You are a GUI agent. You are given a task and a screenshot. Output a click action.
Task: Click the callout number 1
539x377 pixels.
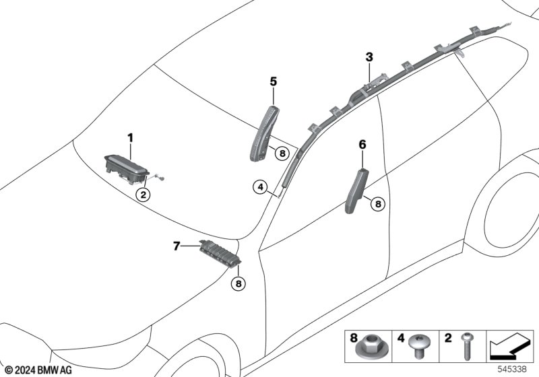130,138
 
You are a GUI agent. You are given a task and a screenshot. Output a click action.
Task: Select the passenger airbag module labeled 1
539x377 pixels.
127,169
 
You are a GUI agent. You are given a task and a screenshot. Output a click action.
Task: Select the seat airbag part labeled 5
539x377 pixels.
264,133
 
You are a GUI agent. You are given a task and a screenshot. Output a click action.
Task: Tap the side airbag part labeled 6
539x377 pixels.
357,191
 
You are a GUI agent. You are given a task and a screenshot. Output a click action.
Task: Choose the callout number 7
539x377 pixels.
177,246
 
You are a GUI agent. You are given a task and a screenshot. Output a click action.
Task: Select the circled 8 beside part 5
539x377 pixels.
282,153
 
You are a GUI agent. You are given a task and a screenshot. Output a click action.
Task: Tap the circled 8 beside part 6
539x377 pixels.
378,204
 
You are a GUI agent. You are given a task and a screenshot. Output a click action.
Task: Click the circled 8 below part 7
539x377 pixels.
239,283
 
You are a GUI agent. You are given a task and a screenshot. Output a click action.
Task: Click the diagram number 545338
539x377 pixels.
512,370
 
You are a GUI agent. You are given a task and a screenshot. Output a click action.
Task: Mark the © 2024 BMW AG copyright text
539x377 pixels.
39,370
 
